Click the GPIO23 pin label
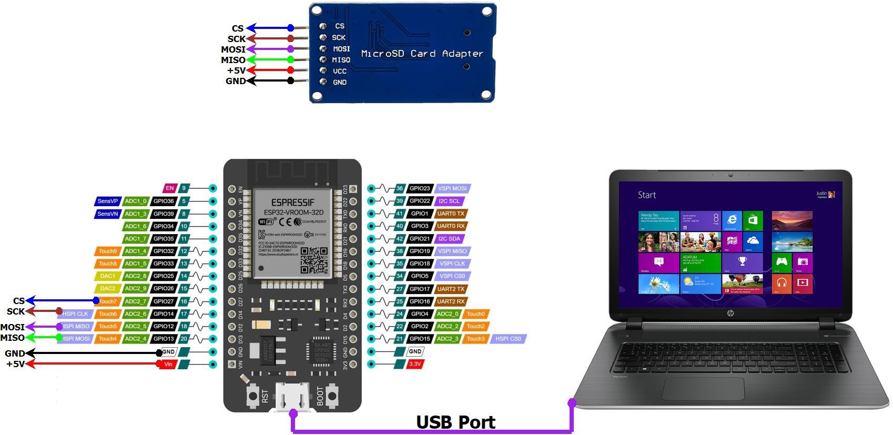(x=420, y=188)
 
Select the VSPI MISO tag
(x=452, y=251)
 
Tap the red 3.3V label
(x=415, y=364)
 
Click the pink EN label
(x=169, y=188)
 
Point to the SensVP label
(x=108, y=201)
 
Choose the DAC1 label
(x=108, y=276)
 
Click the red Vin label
(x=168, y=364)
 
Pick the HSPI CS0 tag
(x=508, y=339)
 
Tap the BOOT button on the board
(x=332, y=396)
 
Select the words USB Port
(x=455, y=422)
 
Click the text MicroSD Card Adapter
(x=422, y=54)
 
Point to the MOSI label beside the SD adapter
(x=233, y=49)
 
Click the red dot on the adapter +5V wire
(x=291, y=70)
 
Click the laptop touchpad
(x=703, y=389)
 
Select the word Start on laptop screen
(x=646, y=195)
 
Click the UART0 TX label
(x=451, y=214)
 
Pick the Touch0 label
(x=475, y=314)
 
